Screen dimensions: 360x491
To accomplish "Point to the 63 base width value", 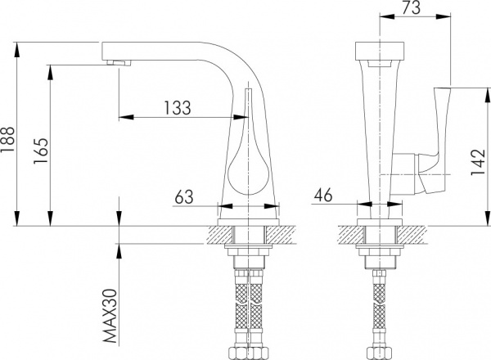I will coord(184,196).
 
